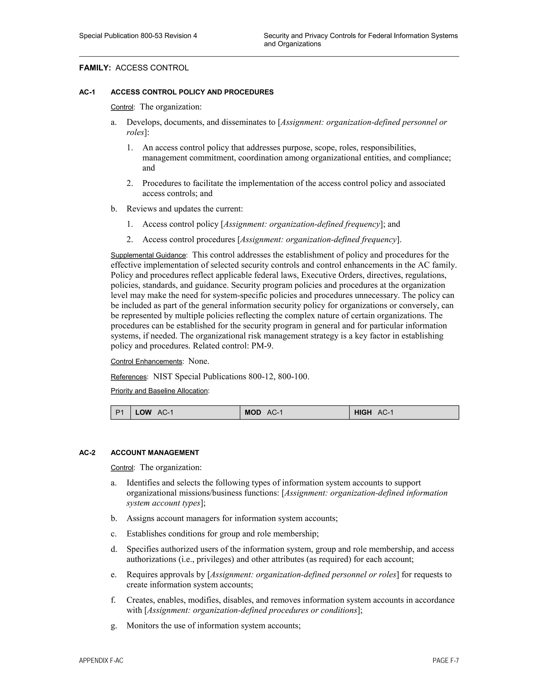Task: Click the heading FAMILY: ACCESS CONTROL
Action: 134,68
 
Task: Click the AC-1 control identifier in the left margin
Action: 87,92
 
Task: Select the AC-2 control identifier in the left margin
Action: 87,453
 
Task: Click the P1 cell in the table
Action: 120,413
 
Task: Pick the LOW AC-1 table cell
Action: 185,413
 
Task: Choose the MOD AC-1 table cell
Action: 294,413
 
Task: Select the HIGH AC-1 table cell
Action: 404,413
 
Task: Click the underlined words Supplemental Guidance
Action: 148,256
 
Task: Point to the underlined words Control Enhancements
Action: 146,362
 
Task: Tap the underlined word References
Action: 128,377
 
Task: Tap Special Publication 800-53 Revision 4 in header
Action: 138,36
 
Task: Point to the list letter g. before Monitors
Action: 114,626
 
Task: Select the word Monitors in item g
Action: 142,626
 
